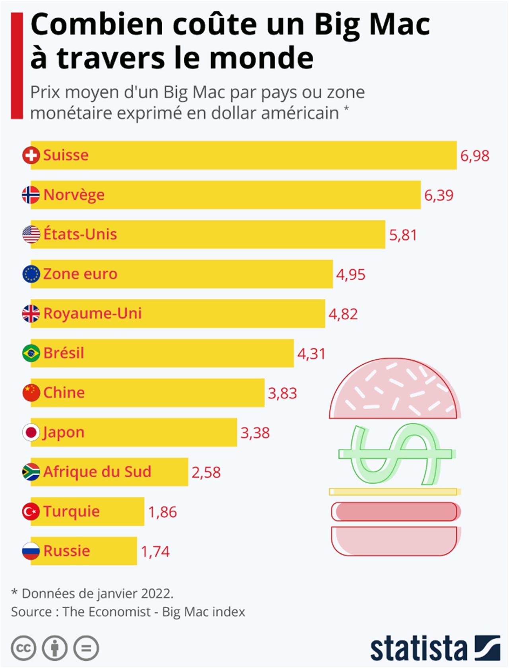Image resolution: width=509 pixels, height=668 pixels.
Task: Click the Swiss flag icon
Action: coord(31,155)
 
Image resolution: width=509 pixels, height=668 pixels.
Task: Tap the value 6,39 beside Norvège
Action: coord(439,195)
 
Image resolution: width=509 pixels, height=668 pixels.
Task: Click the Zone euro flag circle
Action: coord(31,274)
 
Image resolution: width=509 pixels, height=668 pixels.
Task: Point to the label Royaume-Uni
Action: coord(92,313)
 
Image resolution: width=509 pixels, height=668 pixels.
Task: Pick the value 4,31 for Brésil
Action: coord(311,354)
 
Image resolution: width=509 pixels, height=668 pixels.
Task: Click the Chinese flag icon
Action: coord(31,393)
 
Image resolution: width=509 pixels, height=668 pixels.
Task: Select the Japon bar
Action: coord(159,432)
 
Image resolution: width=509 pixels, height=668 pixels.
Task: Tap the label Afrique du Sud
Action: coord(97,472)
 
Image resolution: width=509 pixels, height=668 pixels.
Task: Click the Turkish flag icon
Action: coord(31,511)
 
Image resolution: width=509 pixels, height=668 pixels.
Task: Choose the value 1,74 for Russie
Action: coord(155,551)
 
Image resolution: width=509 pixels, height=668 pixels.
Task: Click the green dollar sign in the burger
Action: coord(395,454)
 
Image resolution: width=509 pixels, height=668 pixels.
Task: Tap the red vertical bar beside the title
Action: coord(17,66)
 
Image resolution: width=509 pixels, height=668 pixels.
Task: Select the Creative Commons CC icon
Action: coord(23,648)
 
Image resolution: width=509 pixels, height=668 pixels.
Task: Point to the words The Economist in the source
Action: coord(107,612)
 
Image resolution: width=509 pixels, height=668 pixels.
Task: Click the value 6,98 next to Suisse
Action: coord(474,156)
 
